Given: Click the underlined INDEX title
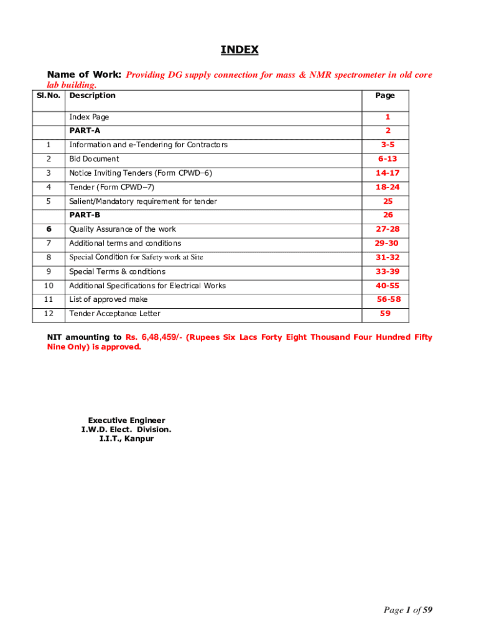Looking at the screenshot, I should click(x=240, y=50).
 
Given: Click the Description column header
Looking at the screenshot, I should click(x=92, y=96).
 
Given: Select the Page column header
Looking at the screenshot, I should click(x=385, y=96).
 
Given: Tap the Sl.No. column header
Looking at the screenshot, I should click(x=49, y=96).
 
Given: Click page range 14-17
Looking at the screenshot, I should click(x=387, y=173).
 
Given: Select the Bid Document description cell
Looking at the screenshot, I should click(x=94, y=159).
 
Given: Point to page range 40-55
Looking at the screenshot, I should click(x=387, y=286).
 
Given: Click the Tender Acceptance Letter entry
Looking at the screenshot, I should click(x=114, y=314).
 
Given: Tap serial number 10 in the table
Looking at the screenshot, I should click(x=49, y=286).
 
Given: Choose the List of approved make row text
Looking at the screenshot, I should click(x=108, y=299).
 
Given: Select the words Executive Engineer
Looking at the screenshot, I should click(x=126, y=420).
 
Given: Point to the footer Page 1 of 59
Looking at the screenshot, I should click(x=407, y=611).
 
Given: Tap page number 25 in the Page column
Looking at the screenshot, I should click(x=388, y=201).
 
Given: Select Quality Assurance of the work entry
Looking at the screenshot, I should click(x=123, y=229).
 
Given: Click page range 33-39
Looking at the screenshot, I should click(x=387, y=271).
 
